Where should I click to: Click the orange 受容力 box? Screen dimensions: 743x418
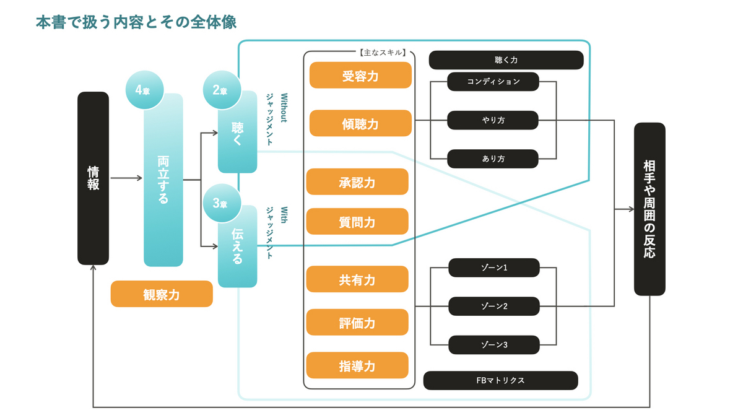click(360, 76)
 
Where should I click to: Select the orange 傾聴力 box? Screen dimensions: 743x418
click(360, 123)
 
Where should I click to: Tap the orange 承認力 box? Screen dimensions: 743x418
click(357, 182)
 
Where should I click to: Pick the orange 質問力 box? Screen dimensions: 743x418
click(357, 221)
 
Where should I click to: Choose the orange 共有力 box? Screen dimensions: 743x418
click(357, 279)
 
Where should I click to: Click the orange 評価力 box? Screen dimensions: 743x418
click(357, 322)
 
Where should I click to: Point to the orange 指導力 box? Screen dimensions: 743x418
click(357, 365)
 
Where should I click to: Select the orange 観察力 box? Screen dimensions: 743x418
click(162, 294)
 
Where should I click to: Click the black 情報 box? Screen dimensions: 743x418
click(93, 178)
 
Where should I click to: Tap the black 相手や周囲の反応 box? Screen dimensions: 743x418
click(650, 209)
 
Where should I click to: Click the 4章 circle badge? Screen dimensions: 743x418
click(145, 90)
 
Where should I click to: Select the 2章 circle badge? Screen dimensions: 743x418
click(222, 90)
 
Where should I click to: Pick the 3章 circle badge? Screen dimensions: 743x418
click(222, 203)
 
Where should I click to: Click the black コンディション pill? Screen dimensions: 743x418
click(493, 82)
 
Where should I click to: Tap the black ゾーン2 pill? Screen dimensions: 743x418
click(494, 306)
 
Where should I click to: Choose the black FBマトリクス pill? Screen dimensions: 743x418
click(500, 380)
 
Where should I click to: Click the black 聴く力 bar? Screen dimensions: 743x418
click(506, 60)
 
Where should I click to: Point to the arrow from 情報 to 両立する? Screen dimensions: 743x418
click(126, 178)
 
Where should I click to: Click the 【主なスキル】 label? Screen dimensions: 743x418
click(383, 53)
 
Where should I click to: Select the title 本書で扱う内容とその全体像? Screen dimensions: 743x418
click(136, 22)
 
